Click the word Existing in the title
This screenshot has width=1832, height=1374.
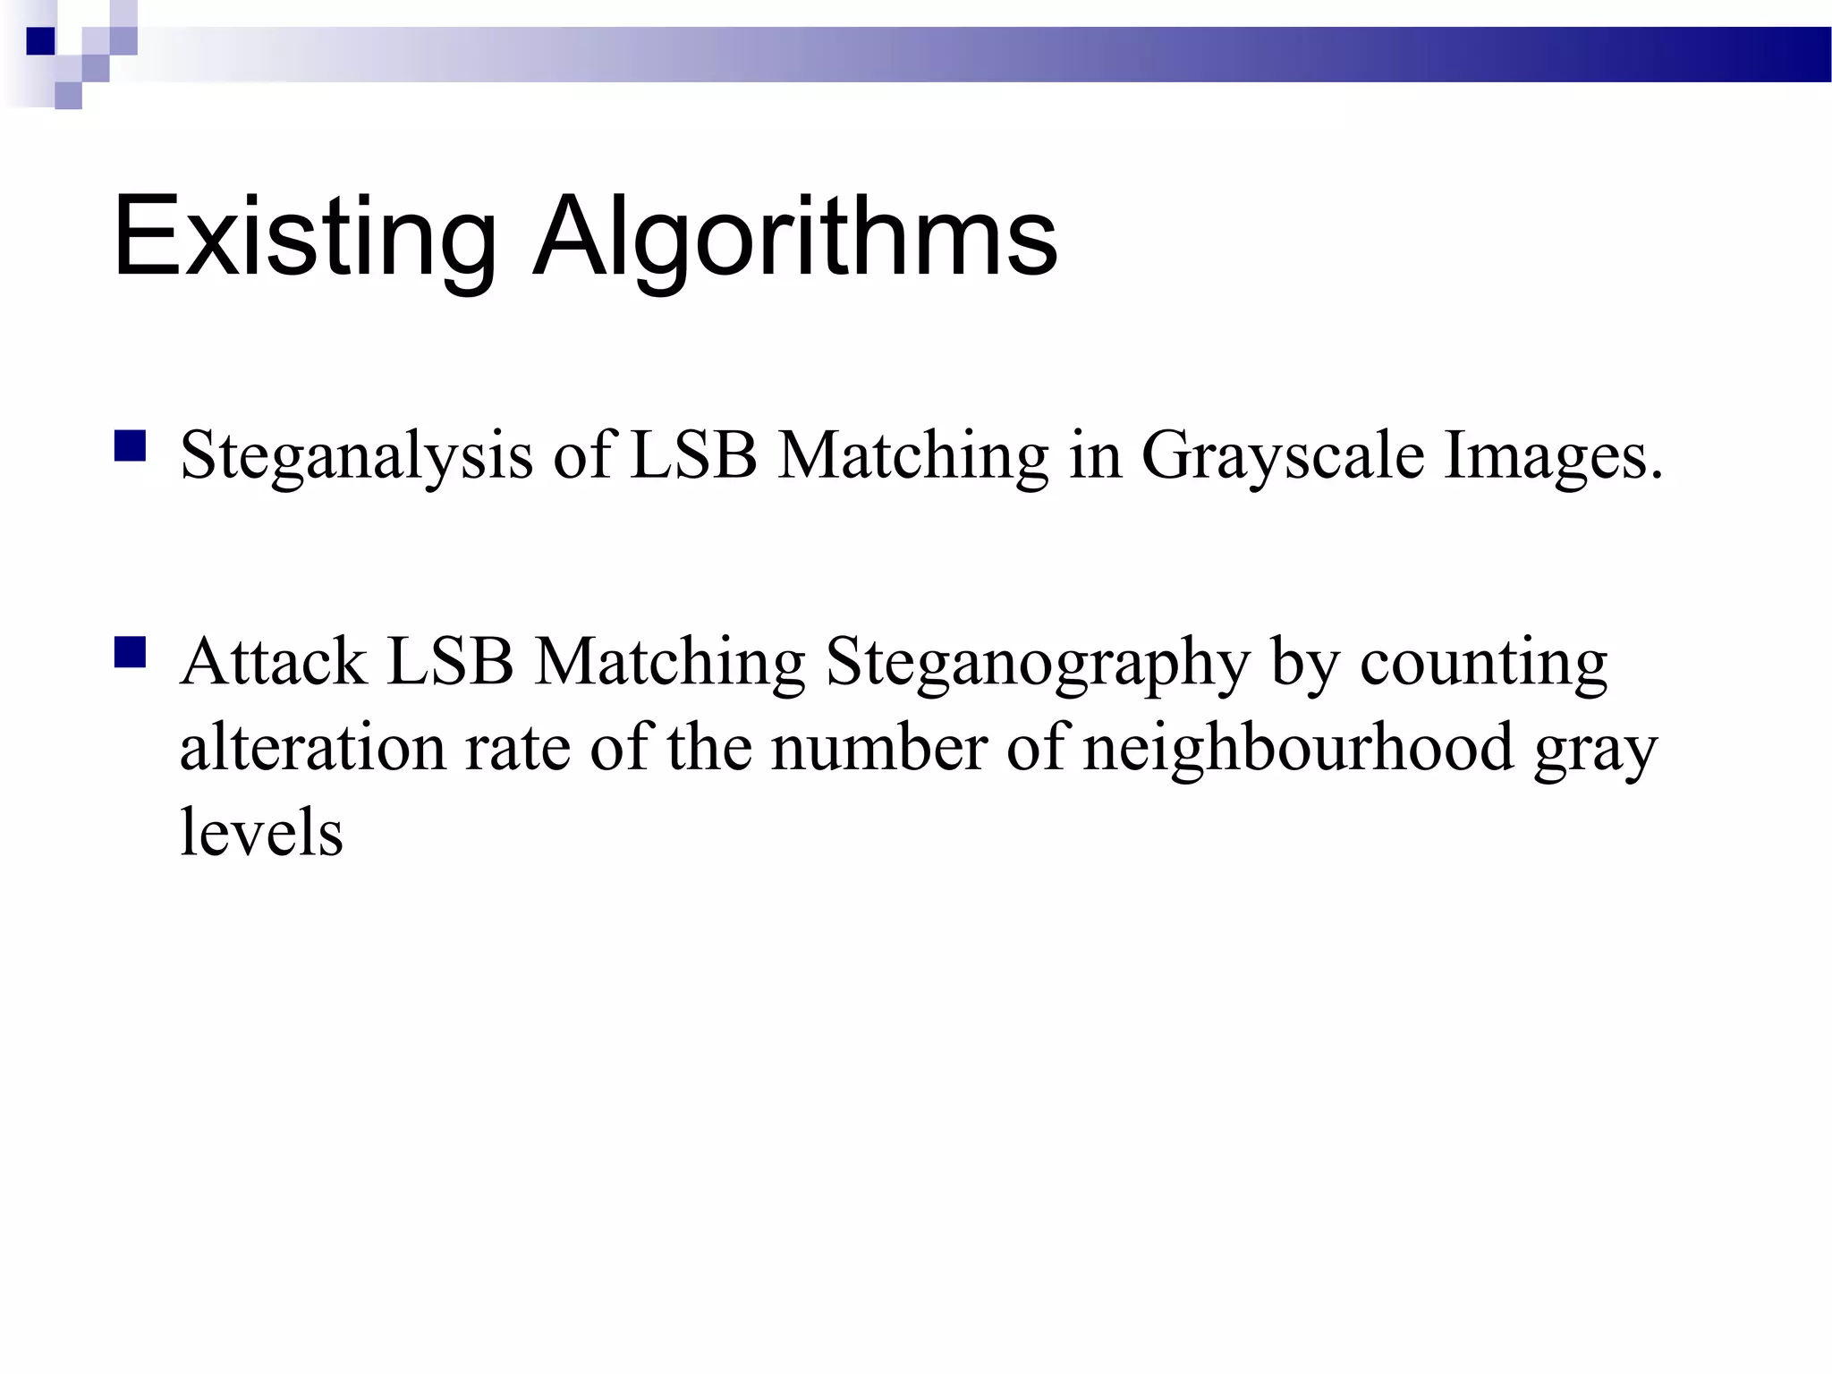[x=304, y=237]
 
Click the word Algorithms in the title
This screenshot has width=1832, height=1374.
[x=794, y=237]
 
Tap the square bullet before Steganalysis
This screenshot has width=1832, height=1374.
[x=130, y=445]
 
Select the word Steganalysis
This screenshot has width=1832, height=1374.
[x=356, y=456]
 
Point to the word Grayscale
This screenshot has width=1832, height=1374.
[x=1282, y=456]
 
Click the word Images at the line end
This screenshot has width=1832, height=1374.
[x=1552, y=456]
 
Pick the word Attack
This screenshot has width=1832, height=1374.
[x=273, y=662]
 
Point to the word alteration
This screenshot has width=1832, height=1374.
[x=312, y=747]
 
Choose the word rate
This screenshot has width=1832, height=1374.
[x=517, y=747]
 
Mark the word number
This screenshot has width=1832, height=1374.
[x=879, y=747]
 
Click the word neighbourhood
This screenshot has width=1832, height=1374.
[x=1298, y=747]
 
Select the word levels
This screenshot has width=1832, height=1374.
[x=261, y=832]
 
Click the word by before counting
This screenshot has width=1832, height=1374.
[x=1304, y=664]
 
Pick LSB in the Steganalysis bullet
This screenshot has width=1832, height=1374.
[x=693, y=456]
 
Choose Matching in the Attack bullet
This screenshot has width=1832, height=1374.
[x=670, y=664]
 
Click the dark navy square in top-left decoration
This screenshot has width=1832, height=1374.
[x=40, y=41]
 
